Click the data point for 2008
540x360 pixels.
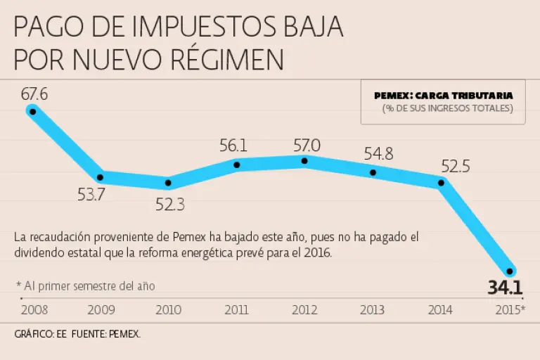(x=32, y=111)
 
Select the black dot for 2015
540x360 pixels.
(x=510, y=271)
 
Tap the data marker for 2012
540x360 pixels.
(x=304, y=161)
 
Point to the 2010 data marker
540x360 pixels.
(x=169, y=183)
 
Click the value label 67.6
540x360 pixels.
(x=34, y=94)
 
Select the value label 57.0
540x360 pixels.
(x=307, y=145)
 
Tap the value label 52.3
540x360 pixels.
(x=170, y=205)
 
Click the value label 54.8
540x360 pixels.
(x=378, y=154)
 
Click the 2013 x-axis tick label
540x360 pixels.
(x=373, y=309)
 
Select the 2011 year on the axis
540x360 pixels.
(x=237, y=309)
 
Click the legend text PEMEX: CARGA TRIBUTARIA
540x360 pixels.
(x=443, y=95)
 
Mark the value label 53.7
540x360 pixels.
(x=91, y=195)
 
